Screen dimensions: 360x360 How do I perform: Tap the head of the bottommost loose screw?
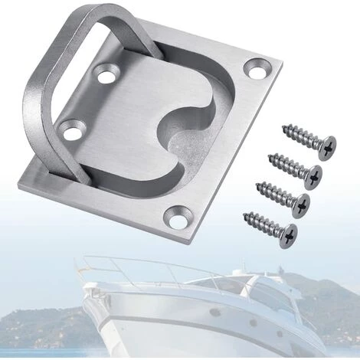point(288,231)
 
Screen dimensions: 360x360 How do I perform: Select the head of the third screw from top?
point(301,203)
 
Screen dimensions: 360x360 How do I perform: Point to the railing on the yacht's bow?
point(130,264)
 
